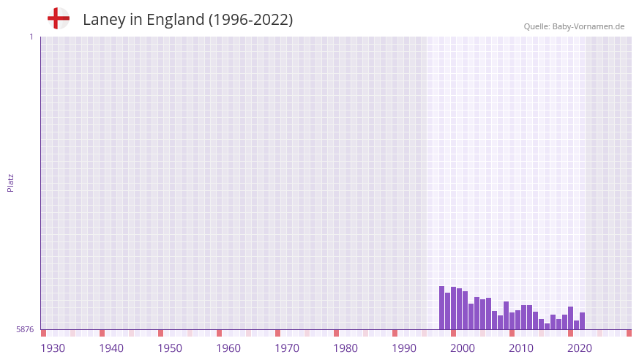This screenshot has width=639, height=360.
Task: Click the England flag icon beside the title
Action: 58,18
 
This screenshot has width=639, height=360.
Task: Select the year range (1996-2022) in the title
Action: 250,20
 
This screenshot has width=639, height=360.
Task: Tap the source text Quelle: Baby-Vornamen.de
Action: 573,26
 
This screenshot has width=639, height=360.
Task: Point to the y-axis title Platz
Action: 10,182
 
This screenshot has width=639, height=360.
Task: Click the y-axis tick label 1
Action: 31,37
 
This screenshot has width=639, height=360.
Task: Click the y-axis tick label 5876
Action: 25,330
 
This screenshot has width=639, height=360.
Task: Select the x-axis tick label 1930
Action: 53,348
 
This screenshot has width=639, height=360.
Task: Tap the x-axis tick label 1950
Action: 170,348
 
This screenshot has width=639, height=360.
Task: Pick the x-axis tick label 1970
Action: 287,348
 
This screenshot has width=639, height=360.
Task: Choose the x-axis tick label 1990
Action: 404,348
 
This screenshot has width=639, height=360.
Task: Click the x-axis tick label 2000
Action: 463,348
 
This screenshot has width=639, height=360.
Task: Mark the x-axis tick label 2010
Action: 521,348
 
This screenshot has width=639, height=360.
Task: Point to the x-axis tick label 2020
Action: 580,348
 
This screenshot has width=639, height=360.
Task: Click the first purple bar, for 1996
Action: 442,308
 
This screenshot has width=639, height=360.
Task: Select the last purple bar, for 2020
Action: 583,321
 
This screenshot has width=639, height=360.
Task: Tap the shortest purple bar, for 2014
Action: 548,326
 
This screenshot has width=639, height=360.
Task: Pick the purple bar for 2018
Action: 571,318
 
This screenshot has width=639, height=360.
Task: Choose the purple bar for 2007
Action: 507,315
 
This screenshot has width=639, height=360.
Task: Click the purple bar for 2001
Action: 471,317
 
